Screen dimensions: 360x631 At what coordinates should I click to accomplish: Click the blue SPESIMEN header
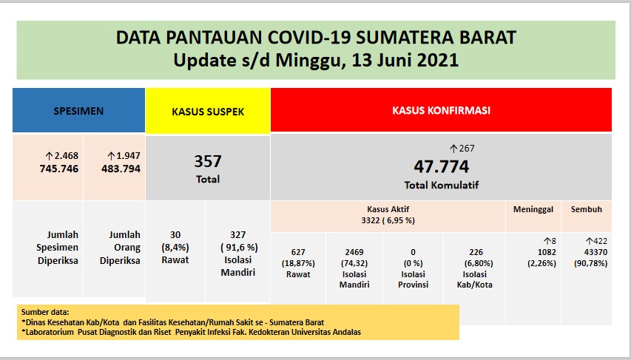pos(78,111)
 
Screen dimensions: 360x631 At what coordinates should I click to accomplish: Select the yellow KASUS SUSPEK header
pos(208,112)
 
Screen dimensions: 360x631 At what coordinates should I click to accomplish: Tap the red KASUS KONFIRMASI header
pos(441,111)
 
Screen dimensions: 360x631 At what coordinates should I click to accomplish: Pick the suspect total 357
pos(208,161)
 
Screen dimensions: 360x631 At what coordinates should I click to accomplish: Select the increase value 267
pos(462,149)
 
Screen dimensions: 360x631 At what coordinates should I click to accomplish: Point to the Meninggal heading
pos(533,209)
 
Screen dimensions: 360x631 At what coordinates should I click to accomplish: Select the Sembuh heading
pos(586,209)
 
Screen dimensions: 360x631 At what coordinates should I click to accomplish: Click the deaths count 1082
pos(533,253)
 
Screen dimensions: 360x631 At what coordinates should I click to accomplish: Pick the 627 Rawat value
pos(299,252)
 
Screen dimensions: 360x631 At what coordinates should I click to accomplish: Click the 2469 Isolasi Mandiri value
pos(354,252)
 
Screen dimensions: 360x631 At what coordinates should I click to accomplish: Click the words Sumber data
pos(46,312)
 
